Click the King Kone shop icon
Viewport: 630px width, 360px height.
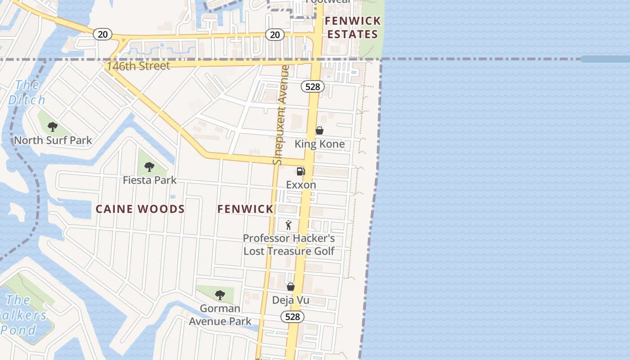[319, 130]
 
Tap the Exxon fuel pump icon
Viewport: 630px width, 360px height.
[301, 171]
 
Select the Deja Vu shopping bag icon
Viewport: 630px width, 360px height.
[291, 287]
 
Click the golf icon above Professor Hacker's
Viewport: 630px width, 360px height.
[288, 225]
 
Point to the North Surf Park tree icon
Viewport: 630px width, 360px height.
[53, 127]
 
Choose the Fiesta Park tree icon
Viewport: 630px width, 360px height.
[149, 167]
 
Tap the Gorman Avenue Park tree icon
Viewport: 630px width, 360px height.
[220, 295]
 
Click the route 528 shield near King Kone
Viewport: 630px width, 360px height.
[312, 86]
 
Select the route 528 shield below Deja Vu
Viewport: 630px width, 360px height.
[292, 317]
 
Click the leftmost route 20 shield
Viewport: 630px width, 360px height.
[103, 34]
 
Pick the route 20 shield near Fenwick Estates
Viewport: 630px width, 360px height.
[274, 35]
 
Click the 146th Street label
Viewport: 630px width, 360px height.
[138, 66]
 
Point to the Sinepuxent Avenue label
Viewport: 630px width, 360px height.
[280, 115]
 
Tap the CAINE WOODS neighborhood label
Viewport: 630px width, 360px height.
[140, 209]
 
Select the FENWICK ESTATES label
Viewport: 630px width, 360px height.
[353, 27]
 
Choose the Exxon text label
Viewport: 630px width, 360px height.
[301, 184]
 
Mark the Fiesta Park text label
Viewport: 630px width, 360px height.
[150, 180]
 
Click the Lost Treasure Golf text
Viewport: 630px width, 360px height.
[289, 251]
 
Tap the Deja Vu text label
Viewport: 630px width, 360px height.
[291, 300]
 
